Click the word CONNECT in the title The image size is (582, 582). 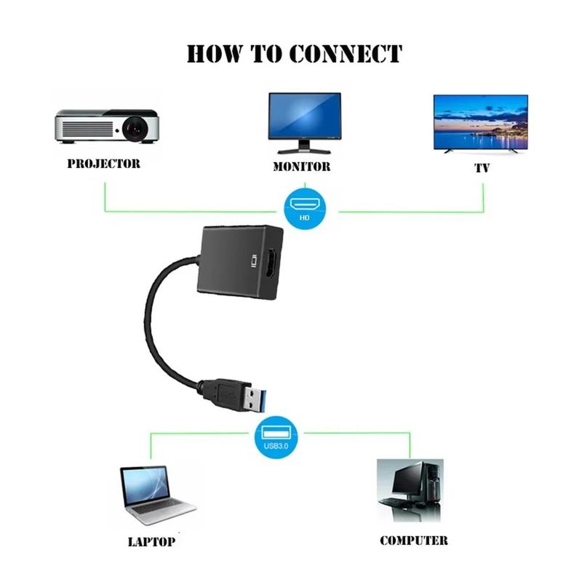[345, 54]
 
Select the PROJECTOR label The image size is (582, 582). [103, 164]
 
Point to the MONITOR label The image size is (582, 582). [301, 167]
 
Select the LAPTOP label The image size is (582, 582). [151, 542]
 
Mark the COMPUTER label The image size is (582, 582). [414, 541]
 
